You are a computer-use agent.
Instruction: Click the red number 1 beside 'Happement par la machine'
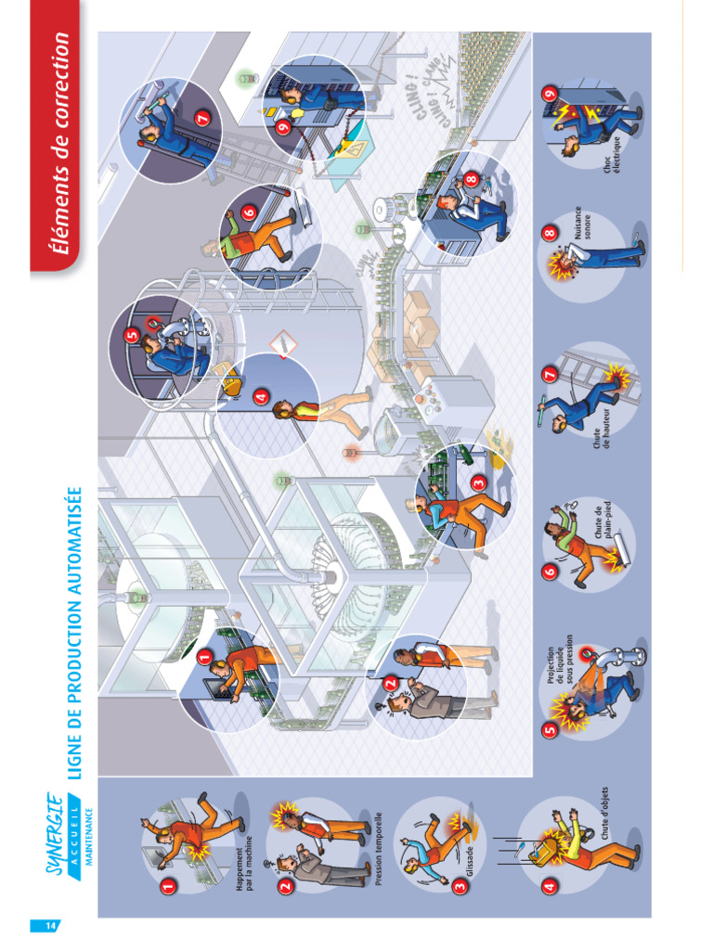point(168,887)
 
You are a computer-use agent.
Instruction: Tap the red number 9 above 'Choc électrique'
point(550,94)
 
